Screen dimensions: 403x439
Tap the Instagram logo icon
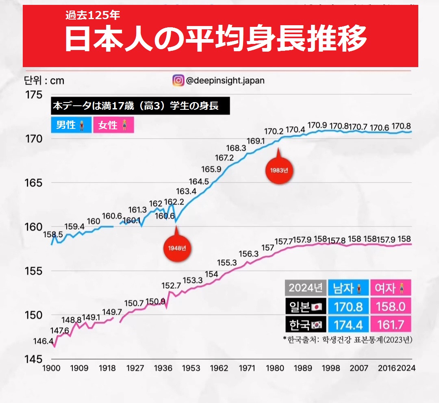(x=178, y=81)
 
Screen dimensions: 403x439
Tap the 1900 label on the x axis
(x=51, y=368)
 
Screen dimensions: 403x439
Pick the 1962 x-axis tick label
(x=219, y=368)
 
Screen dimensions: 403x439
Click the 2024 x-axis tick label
(x=405, y=368)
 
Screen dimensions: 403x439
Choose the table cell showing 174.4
(x=348, y=325)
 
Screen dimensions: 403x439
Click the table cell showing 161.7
(x=390, y=325)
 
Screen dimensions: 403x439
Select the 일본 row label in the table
(x=305, y=306)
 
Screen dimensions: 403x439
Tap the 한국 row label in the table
(x=305, y=325)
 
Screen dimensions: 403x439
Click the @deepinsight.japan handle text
(x=225, y=81)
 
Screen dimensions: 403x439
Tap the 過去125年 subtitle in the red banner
(x=93, y=16)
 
